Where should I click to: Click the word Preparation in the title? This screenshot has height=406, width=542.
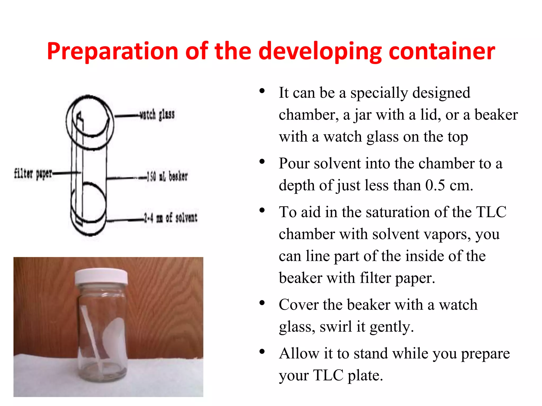click(x=112, y=52)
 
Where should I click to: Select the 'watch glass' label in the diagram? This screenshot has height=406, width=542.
click(x=157, y=115)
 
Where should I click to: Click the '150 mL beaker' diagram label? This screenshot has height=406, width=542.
click(x=167, y=177)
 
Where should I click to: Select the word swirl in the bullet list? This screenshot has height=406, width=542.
click(x=336, y=327)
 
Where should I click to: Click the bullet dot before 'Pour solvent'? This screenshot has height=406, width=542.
click(x=262, y=162)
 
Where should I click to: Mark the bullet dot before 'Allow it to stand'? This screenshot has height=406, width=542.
click(x=262, y=352)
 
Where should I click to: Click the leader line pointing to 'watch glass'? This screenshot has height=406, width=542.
click(x=127, y=116)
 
